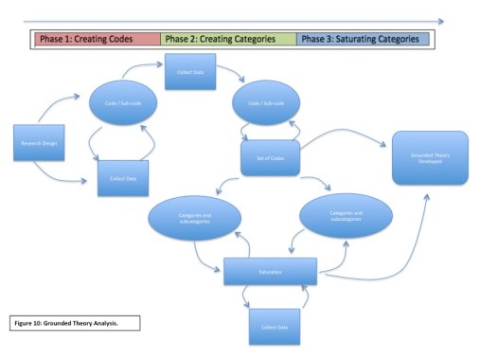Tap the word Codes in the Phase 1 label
click(x=140, y=39)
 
